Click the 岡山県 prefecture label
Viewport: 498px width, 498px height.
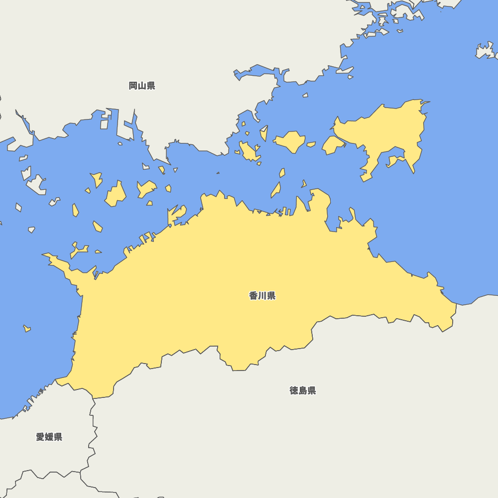pos(142,86)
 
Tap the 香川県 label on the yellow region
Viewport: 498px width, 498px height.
pos(262,296)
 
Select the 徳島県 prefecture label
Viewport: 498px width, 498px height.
pos(303,390)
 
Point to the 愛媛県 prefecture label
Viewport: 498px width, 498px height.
pos(49,437)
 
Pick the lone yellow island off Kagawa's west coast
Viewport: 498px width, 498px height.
pos(27,328)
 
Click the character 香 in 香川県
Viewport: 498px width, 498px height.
pos(253,296)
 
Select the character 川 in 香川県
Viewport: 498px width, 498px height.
pos(262,296)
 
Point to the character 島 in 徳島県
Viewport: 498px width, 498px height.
pos(303,390)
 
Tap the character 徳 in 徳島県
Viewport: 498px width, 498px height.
pos(294,390)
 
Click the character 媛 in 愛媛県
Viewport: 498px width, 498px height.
pos(49,437)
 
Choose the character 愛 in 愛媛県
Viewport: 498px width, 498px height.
pos(40,437)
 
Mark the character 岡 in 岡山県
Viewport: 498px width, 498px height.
pos(133,86)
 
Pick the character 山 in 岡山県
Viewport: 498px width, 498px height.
pos(142,86)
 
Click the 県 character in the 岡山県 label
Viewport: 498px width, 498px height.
pos(150,86)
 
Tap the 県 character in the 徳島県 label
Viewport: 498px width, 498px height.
pos(311,390)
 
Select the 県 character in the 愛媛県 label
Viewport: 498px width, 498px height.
pos(58,437)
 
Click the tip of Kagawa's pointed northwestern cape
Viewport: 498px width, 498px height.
pos(43,255)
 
